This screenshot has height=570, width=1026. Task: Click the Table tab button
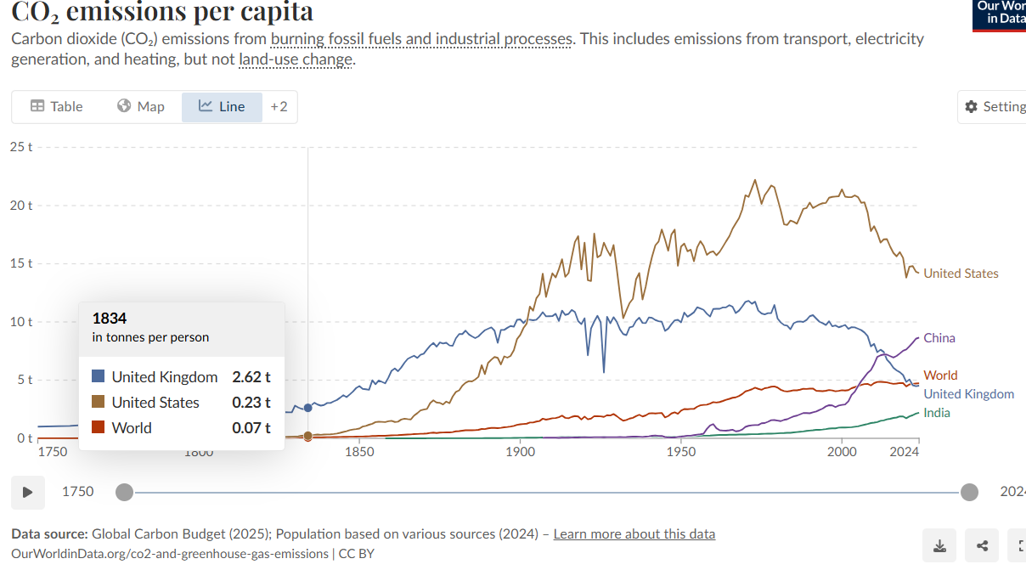tap(57, 106)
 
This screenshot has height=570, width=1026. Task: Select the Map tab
tap(141, 106)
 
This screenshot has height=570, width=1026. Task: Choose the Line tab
tap(222, 106)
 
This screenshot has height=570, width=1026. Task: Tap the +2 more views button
tap(279, 106)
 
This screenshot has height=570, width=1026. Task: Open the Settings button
tap(995, 106)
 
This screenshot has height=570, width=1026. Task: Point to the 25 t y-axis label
tap(21, 147)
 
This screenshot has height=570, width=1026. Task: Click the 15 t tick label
tap(21, 263)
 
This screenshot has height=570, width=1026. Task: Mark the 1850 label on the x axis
tap(360, 452)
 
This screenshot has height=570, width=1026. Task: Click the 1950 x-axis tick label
tap(681, 452)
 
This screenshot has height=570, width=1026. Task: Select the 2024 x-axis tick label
tap(905, 452)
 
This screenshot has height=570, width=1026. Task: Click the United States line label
tap(961, 274)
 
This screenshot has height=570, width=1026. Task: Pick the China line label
tap(939, 338)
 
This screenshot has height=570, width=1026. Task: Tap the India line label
tap(937, 413)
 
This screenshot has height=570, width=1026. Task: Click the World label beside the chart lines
tap(940, 375)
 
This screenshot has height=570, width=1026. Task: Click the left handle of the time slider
tap(124, 492)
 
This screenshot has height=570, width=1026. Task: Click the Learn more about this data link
tap(634, 534)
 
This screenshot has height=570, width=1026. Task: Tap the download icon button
tap(939, 545)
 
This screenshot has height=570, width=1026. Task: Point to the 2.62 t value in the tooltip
tap(251, 377)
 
